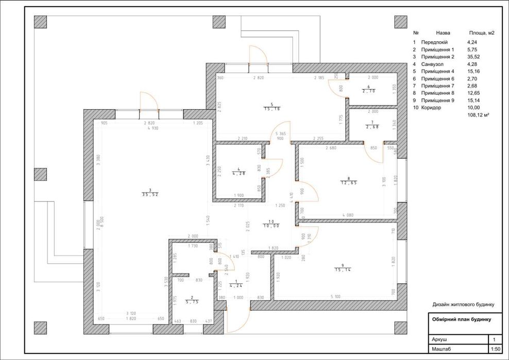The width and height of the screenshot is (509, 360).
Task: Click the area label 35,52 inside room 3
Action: point(149,194)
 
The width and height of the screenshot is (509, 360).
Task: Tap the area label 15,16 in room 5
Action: point(272,109)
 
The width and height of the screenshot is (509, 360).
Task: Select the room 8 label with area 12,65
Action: point(349,182)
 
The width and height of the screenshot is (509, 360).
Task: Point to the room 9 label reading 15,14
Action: point(342,269)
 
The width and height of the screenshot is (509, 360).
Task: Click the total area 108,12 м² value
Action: point(478,115)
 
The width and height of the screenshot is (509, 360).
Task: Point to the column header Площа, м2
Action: point(481,32)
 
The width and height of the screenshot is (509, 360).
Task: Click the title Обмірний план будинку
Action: point(461,319)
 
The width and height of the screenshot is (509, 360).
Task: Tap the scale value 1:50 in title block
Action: point(496,349)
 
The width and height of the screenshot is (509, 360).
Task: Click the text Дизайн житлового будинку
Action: point(463,304)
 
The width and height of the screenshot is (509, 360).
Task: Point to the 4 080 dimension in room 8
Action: point(348,215)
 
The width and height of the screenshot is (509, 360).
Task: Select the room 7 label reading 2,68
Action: point(372,127)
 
